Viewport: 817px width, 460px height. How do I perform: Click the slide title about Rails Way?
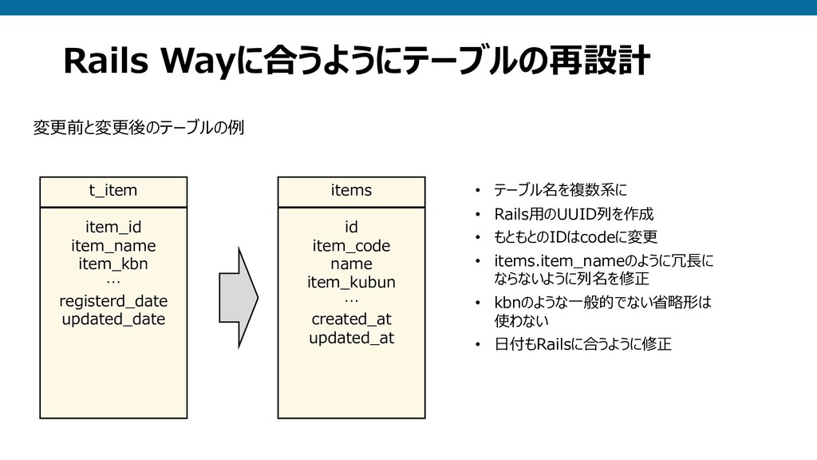[x=357, y=61]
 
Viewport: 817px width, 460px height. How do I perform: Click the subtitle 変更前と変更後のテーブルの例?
[x=138, y=127]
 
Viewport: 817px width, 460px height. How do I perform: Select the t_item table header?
[x=113, y=191]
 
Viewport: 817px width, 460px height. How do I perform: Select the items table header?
[x=351, y=191]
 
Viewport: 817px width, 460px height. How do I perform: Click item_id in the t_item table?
[x=113, y=227]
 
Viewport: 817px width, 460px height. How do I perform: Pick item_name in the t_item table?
[x=113, y=245]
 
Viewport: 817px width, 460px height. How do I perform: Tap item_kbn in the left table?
[x=113, y=264]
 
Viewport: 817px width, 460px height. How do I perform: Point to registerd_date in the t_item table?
[x=113, y=301]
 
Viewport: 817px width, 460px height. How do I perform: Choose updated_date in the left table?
[x=113, y=319]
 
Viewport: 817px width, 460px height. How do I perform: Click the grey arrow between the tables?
[x=239, y=296]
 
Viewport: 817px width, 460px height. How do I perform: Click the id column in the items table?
[x=351, y=227]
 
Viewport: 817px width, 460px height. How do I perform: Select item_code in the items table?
[x=351, y=245]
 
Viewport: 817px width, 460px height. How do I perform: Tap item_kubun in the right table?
[x=351, y=282]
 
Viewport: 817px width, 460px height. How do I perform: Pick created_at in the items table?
[x=351, y=319]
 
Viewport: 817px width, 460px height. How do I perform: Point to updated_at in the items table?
[x=351, y=338]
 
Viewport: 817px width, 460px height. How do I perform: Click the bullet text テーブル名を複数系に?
[x=560, y=191]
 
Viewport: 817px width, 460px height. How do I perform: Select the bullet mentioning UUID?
[x=574, y=214]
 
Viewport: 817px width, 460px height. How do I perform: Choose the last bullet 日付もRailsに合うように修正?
[x=582, y=345]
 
